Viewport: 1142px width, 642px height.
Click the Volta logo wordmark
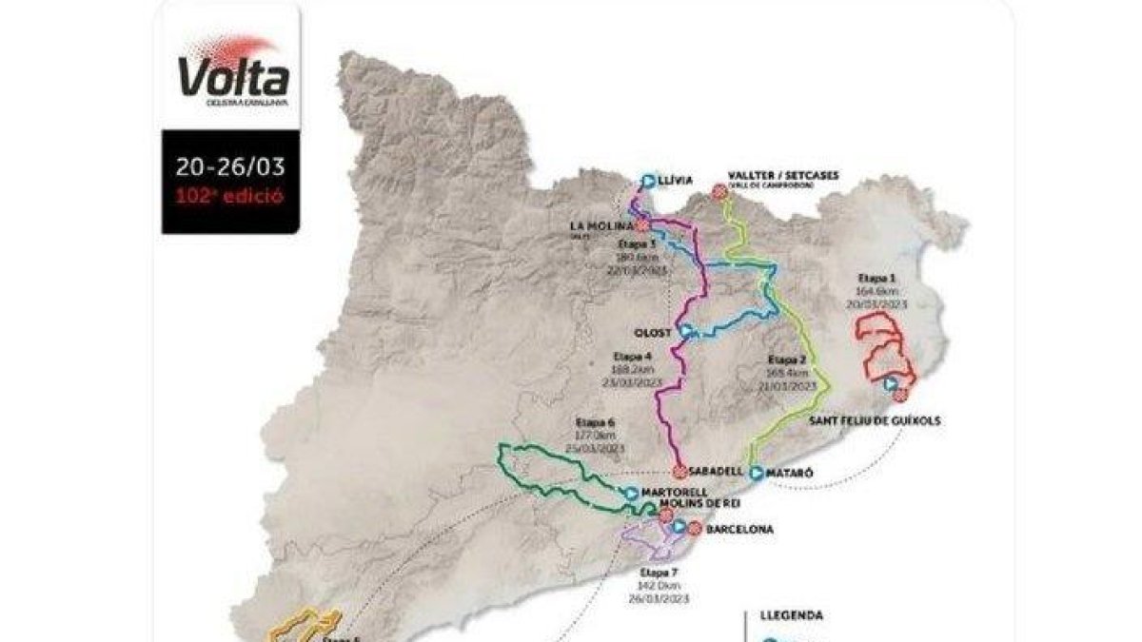pyautogui.click(x=231, y=73)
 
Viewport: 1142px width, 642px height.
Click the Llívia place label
pyautogui.click(x=678, y=179)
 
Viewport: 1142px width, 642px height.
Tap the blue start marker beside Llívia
pyautogui.click(x=648, y=179)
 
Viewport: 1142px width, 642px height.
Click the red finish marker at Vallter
pyautogui.click(x=719, y=191)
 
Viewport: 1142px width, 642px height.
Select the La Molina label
pyautogui.click(x=601, y=225)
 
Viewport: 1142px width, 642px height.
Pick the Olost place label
pyautogui.click(x=654, y=332)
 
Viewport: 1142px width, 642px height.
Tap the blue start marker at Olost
pyautogui.click(x=685, y=332)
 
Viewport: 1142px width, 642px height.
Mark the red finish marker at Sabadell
pyautogui.click(x=679, y=471)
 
